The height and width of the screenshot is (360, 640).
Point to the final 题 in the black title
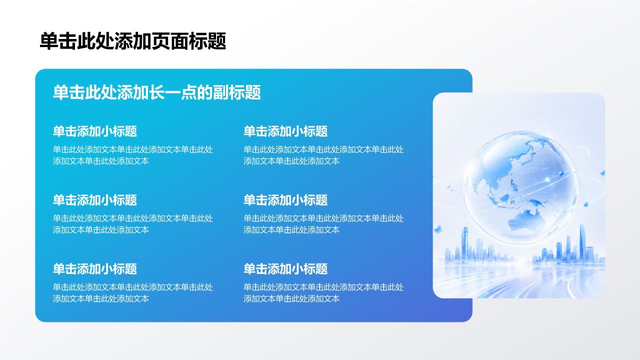click(217, 41)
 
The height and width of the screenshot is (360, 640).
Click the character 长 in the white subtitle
click(157, 92)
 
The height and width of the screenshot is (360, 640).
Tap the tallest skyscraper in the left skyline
click(465, 243)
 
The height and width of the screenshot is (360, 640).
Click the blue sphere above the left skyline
click(437, 229)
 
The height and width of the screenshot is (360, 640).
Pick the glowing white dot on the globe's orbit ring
click(547, 179)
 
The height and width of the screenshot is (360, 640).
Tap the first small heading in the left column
click(95, 131)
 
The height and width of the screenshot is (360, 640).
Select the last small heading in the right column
click(285, 269)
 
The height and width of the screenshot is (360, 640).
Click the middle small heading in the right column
click(285, 200)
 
